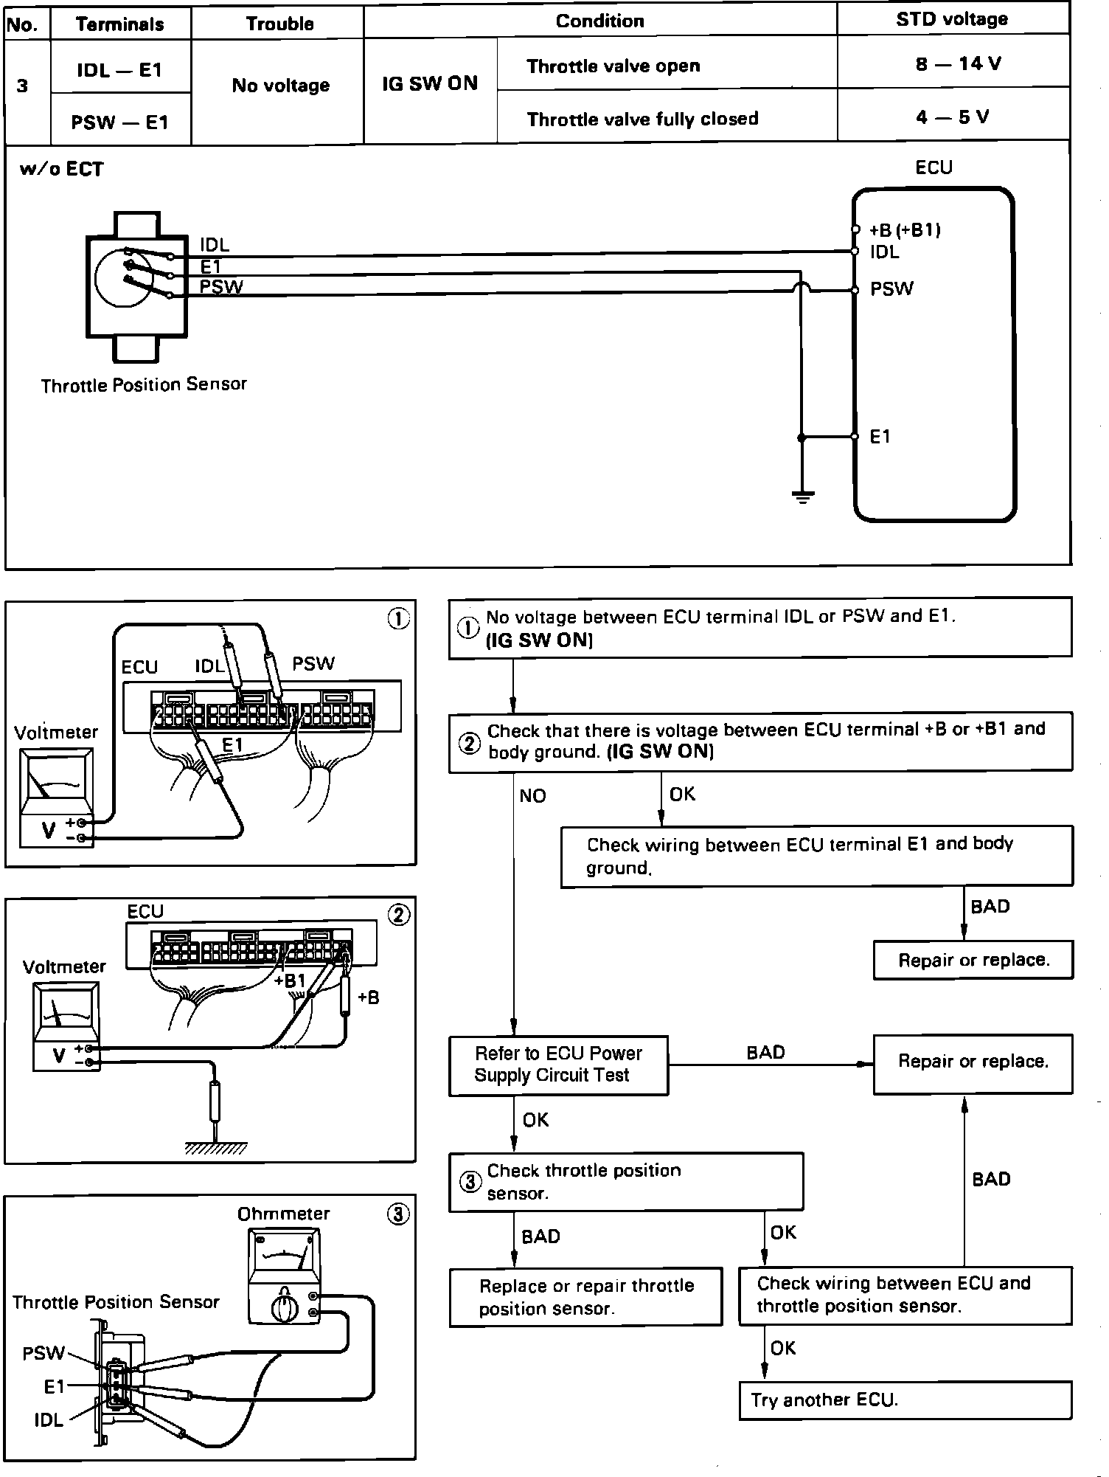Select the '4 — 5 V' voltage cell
tap(952, 117)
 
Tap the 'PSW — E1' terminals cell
tap(119, 122)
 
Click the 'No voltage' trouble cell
tap(280, 86)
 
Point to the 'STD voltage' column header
tap(952, 19)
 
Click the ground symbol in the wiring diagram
tap(802, 497)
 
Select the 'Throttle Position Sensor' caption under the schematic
tap(144, 385)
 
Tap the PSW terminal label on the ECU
tap(891, 289)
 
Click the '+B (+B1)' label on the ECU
tap(905, 230)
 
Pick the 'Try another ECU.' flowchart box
tap(905, 1400)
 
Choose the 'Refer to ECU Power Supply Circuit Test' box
tap(558, 1065)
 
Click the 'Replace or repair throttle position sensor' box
tap(585, 1297)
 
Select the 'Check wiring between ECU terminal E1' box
tap(816, 856)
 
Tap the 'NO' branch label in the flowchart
tap(532, 796)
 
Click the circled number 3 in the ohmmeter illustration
tap(398, 1214)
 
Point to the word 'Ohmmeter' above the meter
tap(283, 1214)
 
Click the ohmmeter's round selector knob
tap(282, 1309)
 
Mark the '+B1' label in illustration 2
tap(290, 981)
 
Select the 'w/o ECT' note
tap(62, 169)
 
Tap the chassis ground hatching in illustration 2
tap(215, 1149)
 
